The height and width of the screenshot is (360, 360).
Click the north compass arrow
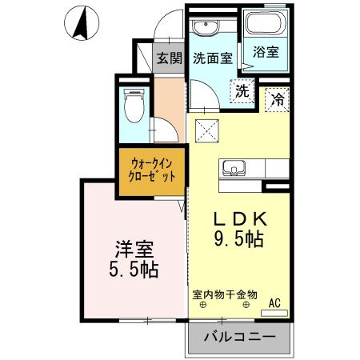click(81, 22)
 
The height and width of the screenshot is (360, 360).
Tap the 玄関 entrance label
click(167, 58)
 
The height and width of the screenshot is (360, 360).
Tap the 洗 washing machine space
click(241, 90)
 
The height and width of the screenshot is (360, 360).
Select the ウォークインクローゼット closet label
click(153, 169)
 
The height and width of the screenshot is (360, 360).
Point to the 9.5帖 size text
click(238, 238)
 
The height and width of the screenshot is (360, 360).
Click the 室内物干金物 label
click(225, 294)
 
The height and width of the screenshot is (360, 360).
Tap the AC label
click(274, 302)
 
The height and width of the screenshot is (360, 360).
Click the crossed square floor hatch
click(210, 129)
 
